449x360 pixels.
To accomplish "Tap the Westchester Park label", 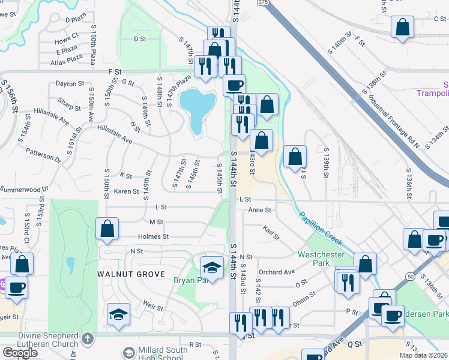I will (322, 258).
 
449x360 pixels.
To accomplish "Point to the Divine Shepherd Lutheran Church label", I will (40, 339).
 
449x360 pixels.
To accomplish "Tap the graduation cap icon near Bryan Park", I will (212, 266).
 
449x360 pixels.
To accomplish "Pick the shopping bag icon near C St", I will (402, 28).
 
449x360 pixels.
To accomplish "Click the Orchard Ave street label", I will (277, 272).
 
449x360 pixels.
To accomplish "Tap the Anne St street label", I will (260, 211).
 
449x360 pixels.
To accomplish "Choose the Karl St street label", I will (271, 233).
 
